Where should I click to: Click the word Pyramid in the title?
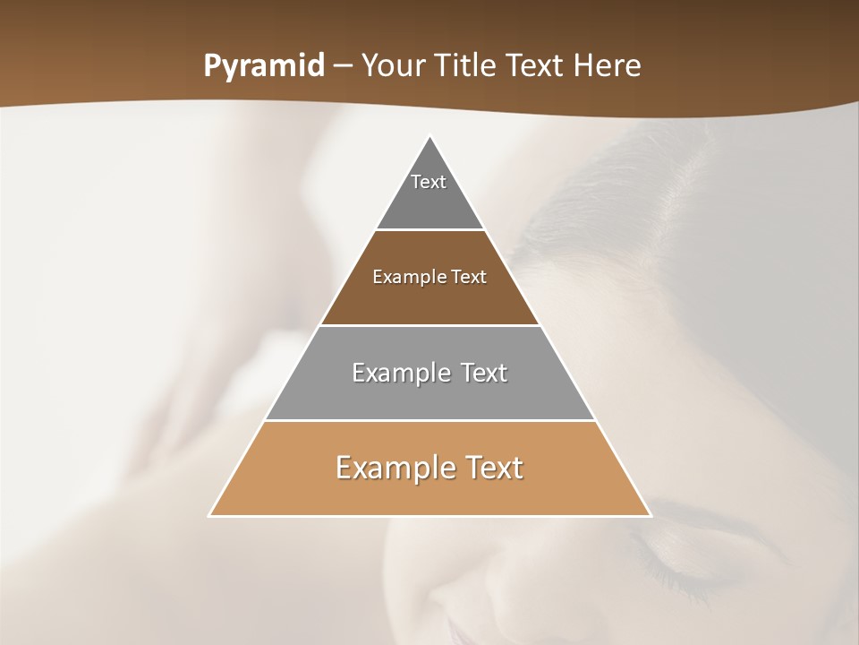(264, 66)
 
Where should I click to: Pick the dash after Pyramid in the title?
(343, 66)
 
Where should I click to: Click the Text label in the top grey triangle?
(429, 182)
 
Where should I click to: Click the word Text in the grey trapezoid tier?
(483, 373)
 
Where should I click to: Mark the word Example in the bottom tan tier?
(394, 468)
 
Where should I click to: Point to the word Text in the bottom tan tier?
(493, 468)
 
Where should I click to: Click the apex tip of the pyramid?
(430, 137)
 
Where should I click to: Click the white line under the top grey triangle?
(430, 230)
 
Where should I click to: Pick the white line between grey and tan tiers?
(430, 420)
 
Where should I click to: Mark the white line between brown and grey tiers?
(430, 325)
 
